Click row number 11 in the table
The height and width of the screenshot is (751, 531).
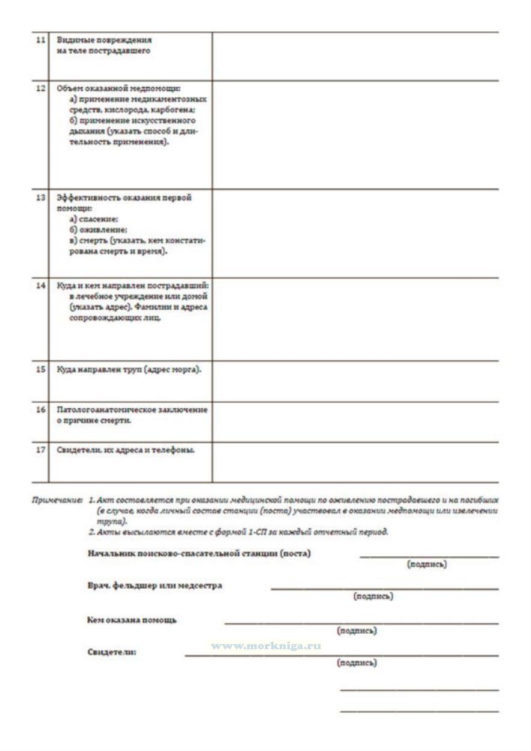[40, 40]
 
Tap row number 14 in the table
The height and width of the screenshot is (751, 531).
[40, 286]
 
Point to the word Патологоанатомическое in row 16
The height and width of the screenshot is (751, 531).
[103, 409]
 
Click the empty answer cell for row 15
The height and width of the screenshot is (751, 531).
[355, 381]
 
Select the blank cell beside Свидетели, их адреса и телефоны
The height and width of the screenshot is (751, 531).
[355, 462]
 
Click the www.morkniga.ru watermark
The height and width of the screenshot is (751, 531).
[265, 646]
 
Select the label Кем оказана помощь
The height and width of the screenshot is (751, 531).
[132, 620]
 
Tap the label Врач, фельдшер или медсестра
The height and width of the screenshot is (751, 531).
[155, 585]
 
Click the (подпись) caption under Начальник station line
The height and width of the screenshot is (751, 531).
[426, 565]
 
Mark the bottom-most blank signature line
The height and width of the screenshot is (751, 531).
[419, 712]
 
